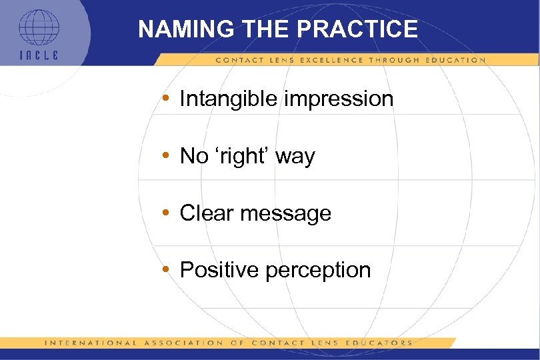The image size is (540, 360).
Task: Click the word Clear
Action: click(x=207, y=213)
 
